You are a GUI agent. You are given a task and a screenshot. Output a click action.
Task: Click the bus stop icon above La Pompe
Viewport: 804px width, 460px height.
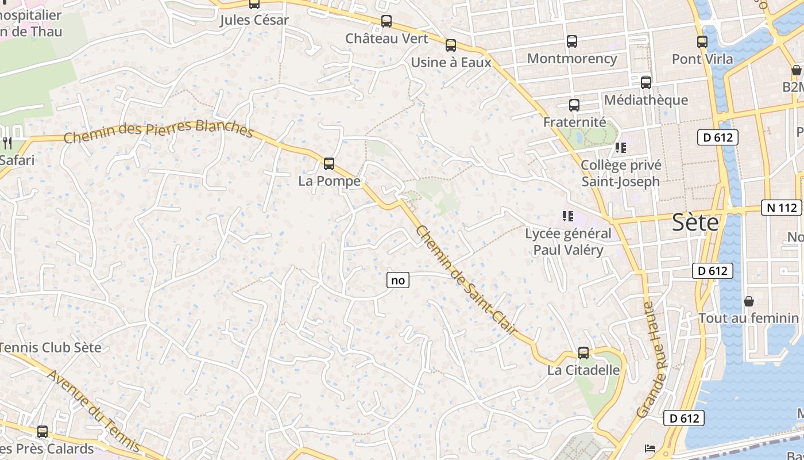[329, 164]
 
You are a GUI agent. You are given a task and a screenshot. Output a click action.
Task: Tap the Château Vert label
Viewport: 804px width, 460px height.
[386, 39]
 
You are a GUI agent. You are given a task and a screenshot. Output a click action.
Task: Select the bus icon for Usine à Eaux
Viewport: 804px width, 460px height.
[451, 45]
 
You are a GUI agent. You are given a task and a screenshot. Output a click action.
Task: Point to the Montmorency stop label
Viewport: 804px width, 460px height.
[571, 59]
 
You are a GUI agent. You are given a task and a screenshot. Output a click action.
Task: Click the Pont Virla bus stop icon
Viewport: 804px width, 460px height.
[702, 42]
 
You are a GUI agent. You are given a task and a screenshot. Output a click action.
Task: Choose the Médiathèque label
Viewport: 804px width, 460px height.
[645, 100]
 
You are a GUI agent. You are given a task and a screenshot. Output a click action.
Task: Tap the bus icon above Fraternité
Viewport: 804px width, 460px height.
[574, 105]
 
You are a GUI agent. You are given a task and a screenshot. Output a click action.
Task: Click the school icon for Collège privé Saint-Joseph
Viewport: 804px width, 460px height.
[620, 148]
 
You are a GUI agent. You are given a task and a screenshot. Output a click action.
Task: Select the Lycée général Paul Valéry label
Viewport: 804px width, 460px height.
[568, 241]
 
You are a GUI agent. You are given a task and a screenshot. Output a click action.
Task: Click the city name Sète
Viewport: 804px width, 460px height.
[695, 222]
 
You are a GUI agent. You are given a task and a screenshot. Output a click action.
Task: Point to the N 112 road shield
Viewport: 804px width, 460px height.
[781, 208]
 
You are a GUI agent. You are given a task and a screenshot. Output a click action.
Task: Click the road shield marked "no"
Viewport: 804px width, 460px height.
[397, 281]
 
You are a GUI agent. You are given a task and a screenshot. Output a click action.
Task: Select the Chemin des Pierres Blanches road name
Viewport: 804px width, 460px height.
[158, 131]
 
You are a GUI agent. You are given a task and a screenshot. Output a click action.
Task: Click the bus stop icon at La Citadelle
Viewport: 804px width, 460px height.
[583, 353]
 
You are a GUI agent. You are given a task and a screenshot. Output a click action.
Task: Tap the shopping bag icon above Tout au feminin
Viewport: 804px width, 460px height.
[749, 301]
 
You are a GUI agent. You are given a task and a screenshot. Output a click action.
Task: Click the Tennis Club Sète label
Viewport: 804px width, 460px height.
[51, 348]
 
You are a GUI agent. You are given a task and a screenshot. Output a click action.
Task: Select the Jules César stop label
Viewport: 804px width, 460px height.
[254, 21]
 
